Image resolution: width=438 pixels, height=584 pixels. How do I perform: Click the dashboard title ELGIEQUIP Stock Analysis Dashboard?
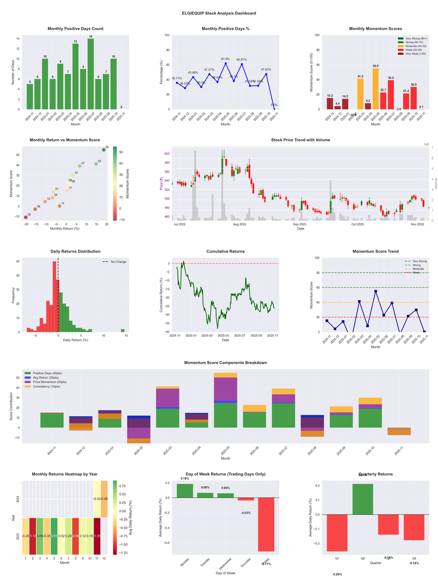click(x=219, y=13)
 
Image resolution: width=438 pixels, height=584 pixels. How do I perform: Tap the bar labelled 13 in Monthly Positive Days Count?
click(x=76, y=76)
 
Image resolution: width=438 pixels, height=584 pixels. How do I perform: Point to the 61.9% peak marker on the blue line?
click(x=226, y=63)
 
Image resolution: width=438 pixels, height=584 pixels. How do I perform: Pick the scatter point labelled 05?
click(x=104, y=150)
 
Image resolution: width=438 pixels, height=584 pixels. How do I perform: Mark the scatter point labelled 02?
click(x=26, y=217)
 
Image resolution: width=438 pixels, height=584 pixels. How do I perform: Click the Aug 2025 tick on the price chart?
click(x=239, y=224)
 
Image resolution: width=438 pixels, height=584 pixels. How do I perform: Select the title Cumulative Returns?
click(x=226, y=251)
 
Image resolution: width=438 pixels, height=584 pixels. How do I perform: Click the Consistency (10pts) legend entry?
click(x=47, y=387)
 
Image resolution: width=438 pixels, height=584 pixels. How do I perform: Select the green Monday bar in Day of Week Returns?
click(x=185, y=491)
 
